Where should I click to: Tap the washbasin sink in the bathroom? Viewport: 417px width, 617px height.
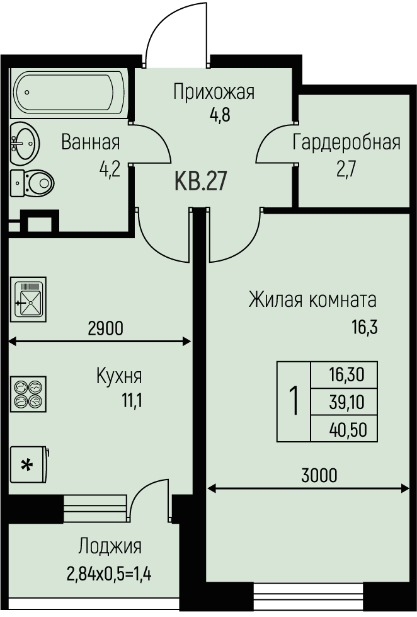(x=26, y=142)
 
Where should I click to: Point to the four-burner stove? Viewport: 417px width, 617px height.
(x=28, y=394)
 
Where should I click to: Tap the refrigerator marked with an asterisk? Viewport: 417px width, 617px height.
(x=28, y=466)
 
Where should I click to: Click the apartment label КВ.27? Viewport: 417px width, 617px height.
(x=200, y=183)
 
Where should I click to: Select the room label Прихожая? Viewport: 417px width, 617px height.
(x=214, y=93)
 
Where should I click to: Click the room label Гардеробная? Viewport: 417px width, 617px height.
(x=346, y=142)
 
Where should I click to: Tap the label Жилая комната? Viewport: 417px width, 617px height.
(x=312, y=298)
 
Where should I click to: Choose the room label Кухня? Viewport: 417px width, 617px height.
(x=118, y=377)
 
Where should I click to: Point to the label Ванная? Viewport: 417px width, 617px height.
(x=90, y=142)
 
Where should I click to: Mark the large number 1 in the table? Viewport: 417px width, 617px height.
(x=294, y=401)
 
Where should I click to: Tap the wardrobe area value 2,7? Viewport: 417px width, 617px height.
(x=346, y=171)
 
